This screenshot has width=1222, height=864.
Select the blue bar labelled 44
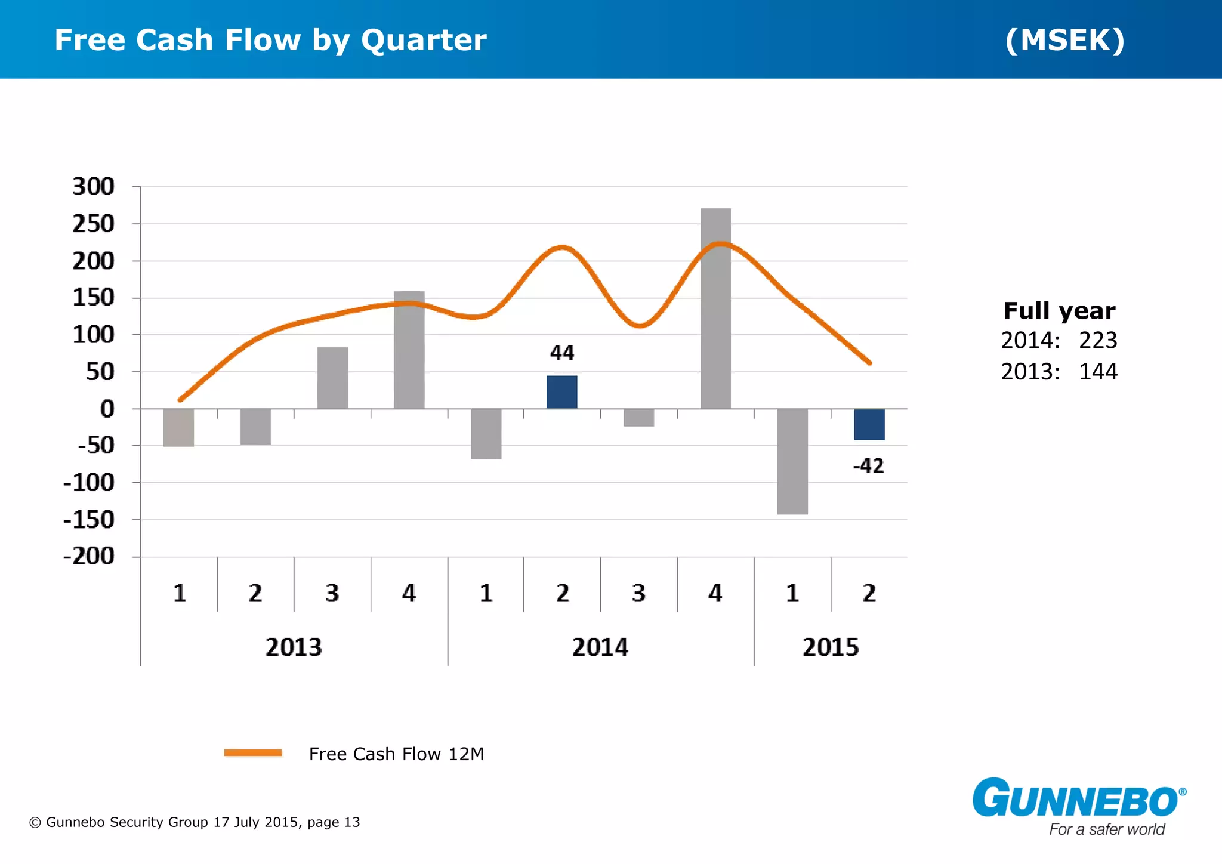click(561, 392)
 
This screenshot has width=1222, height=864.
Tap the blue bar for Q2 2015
click(869, 424)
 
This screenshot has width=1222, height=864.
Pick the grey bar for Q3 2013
click(332, 378)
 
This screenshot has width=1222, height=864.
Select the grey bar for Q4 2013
click(409, 350)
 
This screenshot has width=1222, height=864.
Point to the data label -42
click(868, 465)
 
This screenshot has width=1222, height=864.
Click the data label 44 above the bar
click(561, 353)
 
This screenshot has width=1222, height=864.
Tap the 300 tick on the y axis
click(93, 187)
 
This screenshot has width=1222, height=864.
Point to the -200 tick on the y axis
click(89, 556)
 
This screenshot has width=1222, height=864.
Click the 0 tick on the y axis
click(107, 409)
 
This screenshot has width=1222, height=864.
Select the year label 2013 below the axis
click(294, 647)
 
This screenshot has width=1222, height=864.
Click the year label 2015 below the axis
click(830, 647)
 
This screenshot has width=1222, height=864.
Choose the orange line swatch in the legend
click(253, 753)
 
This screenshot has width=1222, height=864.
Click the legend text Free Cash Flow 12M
click(396, 754)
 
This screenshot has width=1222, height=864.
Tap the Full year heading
click(1059, 311)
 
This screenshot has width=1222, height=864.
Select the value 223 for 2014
click(1098, 340)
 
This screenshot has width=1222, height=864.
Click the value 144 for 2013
click(1098, 372)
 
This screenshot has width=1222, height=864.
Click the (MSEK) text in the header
click(1065, 40)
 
